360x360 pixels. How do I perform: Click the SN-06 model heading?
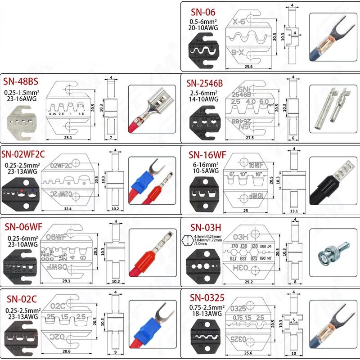tap(203, 13)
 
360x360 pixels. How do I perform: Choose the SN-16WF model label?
tap(205, 154)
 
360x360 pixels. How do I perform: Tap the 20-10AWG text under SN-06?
tap(204, 28)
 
